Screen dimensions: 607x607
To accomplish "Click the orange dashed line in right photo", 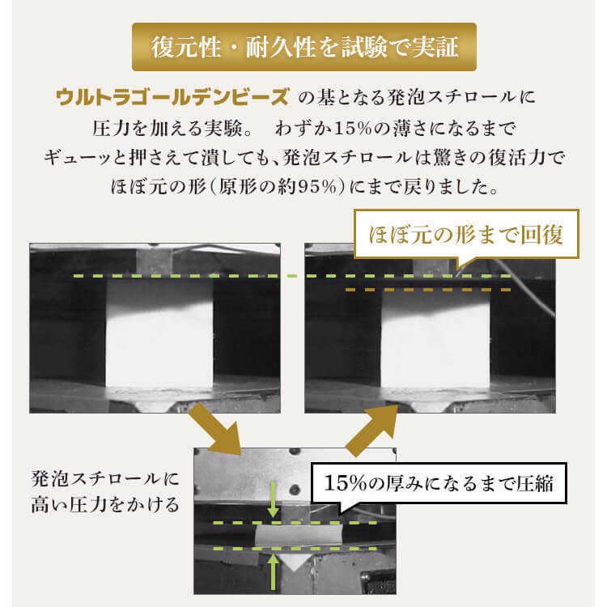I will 429,290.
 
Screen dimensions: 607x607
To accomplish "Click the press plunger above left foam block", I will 156,261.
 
